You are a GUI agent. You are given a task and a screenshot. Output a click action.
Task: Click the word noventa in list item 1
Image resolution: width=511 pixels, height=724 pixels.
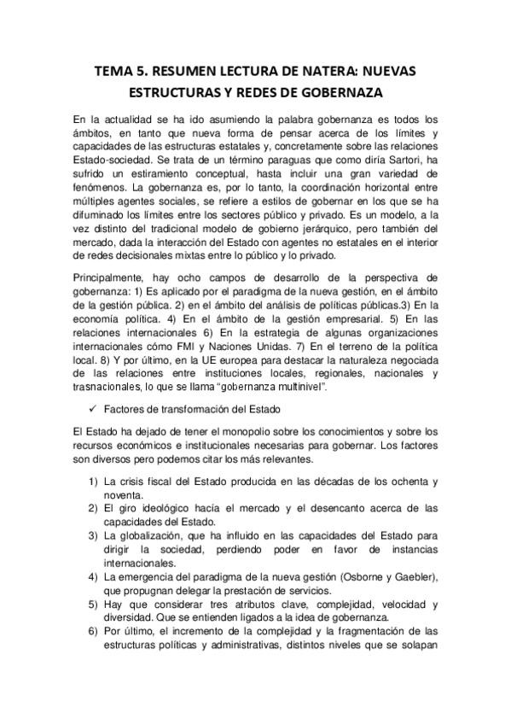(x=124, y=494)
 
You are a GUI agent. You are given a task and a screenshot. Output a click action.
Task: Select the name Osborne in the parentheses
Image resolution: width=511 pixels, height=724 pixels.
(x=365, y=575)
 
